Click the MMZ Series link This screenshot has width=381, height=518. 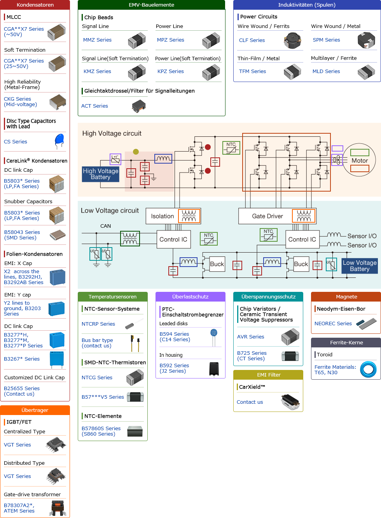(97, 40)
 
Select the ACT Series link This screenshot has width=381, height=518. (94, 106)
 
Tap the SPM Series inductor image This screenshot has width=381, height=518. (366, 40)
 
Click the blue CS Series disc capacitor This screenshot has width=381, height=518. (59, 141)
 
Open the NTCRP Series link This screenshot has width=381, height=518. (98, 324)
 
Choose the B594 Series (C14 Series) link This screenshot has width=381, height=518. (175, 337)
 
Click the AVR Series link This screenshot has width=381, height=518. (251, 337)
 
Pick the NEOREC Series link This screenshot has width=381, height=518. (333, 324)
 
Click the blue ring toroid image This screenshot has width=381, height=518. (368, 370)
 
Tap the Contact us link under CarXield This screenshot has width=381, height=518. (250, 402)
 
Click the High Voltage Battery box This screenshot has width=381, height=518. (100, 174)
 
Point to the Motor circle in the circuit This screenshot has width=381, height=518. (360, 160)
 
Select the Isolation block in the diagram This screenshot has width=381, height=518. (163, 216)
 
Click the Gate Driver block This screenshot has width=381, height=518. (267, 216)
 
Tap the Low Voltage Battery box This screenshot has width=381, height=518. (360, 266)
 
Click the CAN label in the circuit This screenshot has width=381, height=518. (106, 226)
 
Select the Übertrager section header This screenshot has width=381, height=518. (35, 410)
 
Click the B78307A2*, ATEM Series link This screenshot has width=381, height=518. (19, 508)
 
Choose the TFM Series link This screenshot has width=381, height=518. (252, 72)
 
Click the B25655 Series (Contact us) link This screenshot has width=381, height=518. (22, 391)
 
